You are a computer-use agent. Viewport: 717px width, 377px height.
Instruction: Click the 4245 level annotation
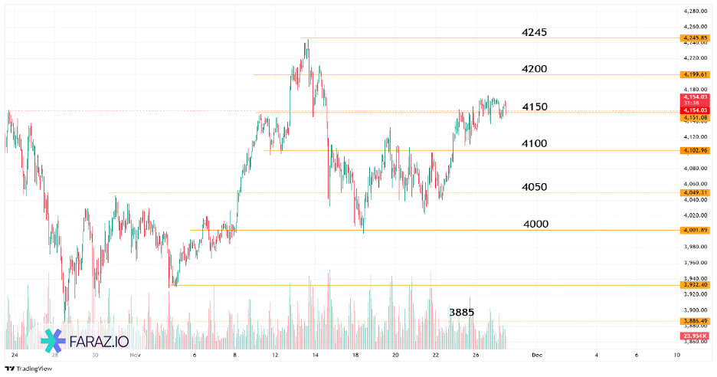click(x=534, y=33)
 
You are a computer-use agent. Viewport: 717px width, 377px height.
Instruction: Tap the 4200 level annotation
click(x=534, y=69)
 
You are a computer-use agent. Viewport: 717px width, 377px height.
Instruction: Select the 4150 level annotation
click(x=534, y=107)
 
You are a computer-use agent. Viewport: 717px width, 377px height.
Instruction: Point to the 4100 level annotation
click(x=534, y=143)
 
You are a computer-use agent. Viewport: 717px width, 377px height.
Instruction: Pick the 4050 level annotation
click(x=534, y=187)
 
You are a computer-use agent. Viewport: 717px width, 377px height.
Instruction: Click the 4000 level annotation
click(x=536, y=224)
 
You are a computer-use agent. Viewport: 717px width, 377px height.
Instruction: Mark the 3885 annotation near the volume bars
click(x=462, y=312)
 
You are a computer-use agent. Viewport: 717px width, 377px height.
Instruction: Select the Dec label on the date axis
click(x=537, y=356)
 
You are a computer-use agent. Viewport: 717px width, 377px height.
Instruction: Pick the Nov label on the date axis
click(x=136, y=356)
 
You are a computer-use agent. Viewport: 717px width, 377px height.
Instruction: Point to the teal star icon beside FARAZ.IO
click(x=53, y=339)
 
